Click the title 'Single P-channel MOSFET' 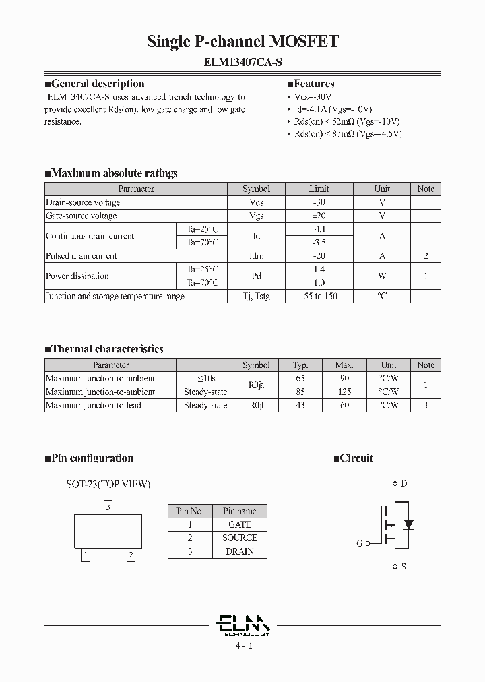(243, 42)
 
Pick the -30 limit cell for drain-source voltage (319, 202)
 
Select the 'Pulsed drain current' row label (81, 256)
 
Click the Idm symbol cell (256, 256)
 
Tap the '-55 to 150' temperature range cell (319, 297)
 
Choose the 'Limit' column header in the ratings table (319, 189)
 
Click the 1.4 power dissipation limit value (319, 269)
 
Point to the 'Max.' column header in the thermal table (344, 365)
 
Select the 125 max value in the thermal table (344, 392)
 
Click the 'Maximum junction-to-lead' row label (93, 405)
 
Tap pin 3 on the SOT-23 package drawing (108, 506)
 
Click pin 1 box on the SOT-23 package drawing (86, 555)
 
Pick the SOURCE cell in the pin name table (240, 538)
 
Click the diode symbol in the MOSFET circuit (408, 524)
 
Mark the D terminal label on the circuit (403, 483)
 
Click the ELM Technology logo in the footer (243, 625)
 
